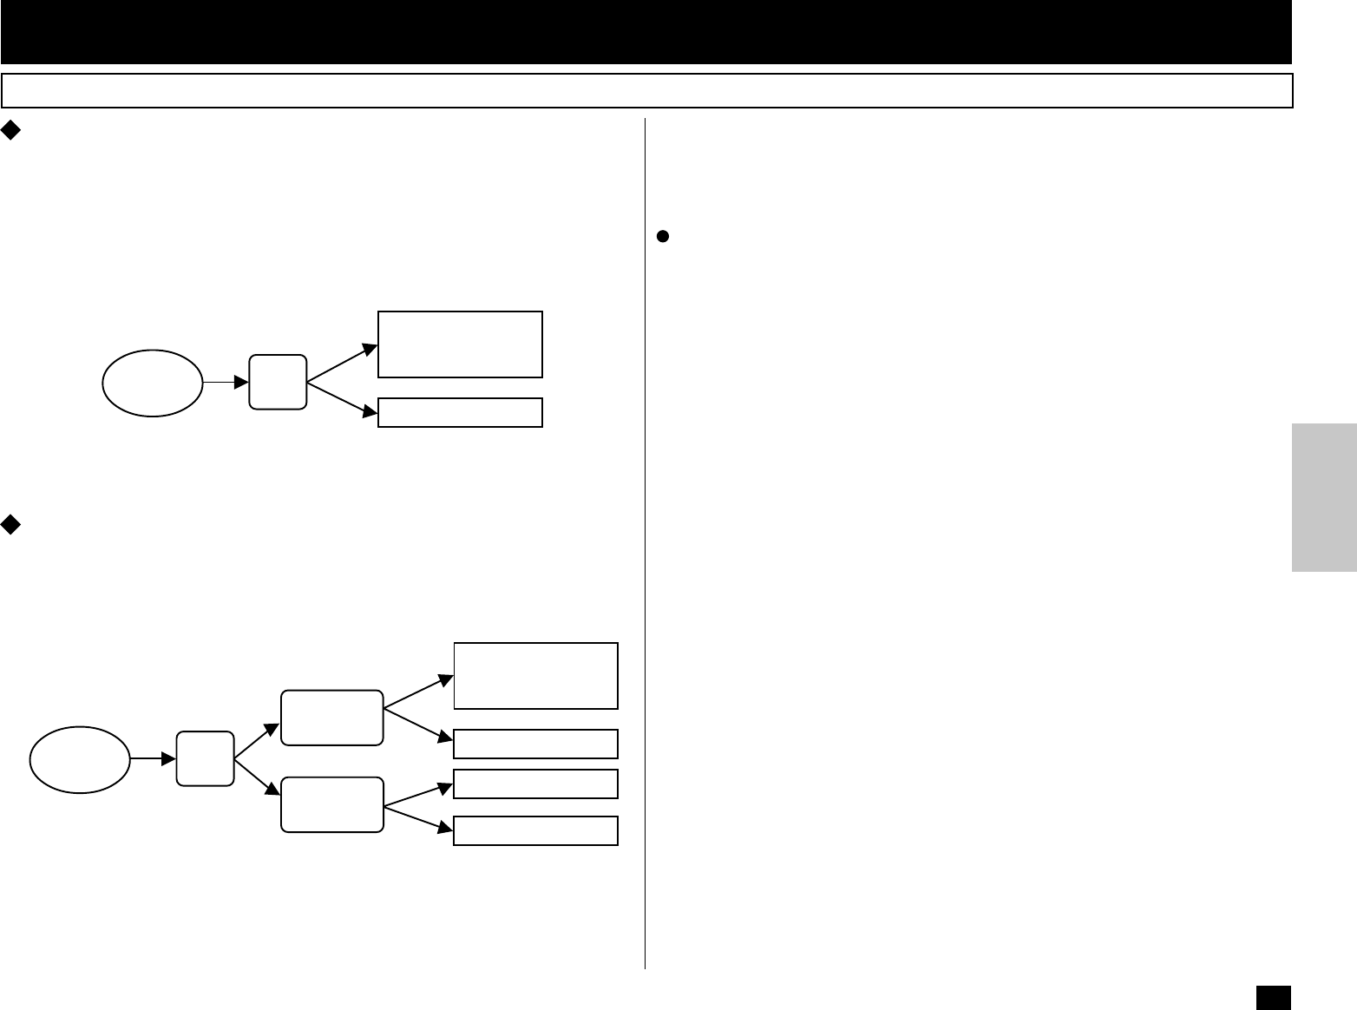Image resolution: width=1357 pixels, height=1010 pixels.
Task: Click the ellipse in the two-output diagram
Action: [x=153, y=383]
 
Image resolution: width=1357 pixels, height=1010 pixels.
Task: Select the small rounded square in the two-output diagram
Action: [x=278, y=382]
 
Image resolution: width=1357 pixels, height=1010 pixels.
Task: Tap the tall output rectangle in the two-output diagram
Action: [x=460, y=344]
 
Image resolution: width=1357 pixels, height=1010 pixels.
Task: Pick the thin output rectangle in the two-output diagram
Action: [x=460, y=413]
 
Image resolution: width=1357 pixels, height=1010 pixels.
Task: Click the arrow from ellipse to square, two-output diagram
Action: [x=226, y=382]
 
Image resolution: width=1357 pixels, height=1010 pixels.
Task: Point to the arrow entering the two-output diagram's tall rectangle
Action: [x=343, y=363]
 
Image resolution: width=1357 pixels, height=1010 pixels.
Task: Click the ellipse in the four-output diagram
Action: [x=80, y=759]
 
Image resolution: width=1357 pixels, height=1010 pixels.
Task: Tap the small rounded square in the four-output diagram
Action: [x=205, y=758]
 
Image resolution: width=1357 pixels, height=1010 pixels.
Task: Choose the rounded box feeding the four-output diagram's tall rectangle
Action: [x=331, y=718]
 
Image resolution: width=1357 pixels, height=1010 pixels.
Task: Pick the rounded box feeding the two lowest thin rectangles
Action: [x=331, y=804]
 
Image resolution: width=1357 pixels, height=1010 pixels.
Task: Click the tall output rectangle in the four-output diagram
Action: [x=535, y=676]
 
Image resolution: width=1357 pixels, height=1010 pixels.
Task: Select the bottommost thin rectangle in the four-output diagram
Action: [x=535, y=830]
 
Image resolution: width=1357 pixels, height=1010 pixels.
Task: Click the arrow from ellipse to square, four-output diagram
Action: [x=153, y=758]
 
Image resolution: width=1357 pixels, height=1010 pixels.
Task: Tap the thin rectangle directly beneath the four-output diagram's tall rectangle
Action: [x=535, y=744]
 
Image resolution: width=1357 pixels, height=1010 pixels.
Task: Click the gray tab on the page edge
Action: [x=1324, y=497]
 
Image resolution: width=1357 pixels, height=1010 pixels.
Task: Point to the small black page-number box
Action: [x=1273, y=996]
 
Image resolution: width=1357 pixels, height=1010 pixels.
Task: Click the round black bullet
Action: [x=661, y=235]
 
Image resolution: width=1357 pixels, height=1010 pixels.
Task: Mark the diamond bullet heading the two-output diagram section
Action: [x=10, y=130]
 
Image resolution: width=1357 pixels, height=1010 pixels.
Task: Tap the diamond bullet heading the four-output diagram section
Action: [x=10, y=523]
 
